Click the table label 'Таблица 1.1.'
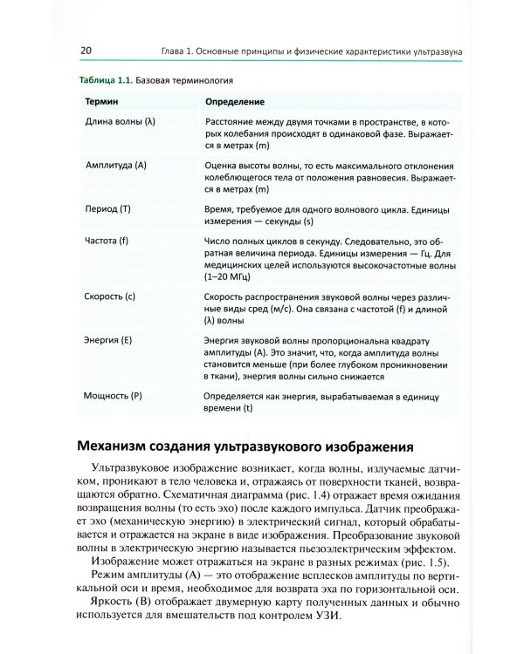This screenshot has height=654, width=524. point(104,78)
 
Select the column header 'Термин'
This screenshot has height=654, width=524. point(101,102)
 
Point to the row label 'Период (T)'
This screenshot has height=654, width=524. point(107,210)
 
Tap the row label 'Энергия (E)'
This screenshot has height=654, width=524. point(108,339)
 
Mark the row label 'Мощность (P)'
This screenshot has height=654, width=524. point(112,396)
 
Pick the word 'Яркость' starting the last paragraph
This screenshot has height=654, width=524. point(115,603)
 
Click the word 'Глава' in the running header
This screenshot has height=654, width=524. point(162,51)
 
